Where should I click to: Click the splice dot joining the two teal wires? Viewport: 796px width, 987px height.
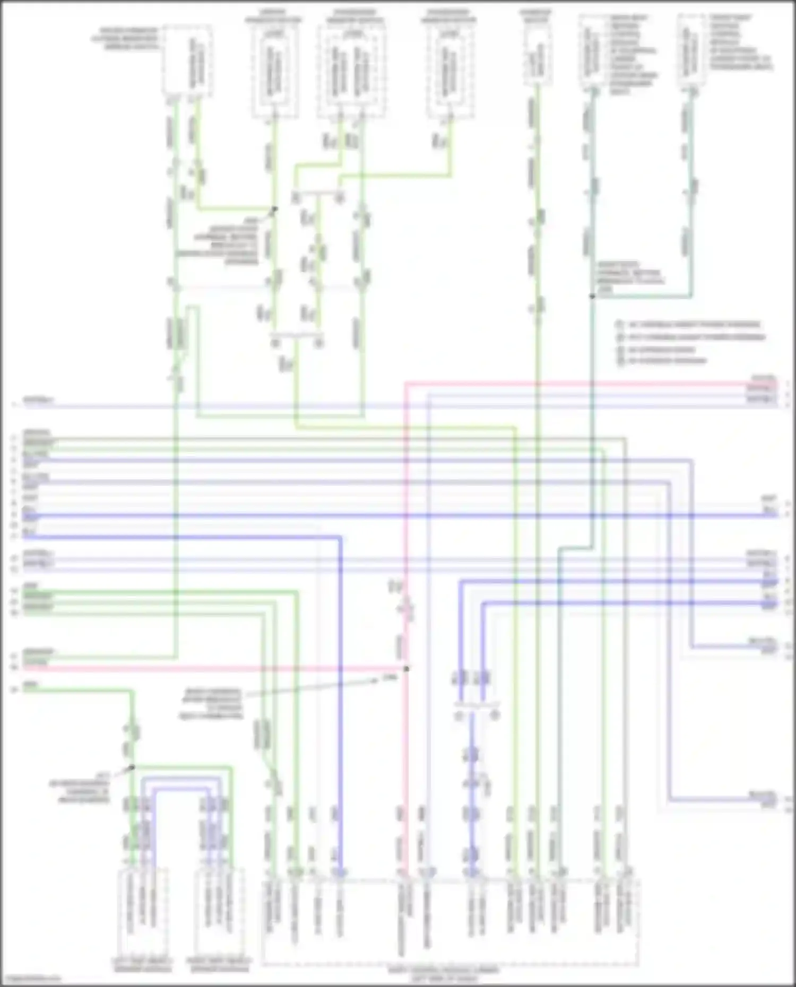coord(592,296)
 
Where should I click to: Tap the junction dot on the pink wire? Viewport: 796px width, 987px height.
coord(406,669)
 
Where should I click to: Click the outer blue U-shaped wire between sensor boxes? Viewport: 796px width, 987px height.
coord(180,779)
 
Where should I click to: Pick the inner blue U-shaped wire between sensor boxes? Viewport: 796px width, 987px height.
coord(180,789)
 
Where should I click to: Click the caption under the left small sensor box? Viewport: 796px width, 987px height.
coord(142,965)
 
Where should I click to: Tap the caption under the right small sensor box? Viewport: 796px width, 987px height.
coord(219,965)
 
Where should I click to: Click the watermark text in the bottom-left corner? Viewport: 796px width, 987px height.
coord(31,979)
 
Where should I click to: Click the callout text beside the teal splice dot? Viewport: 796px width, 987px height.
coord(629,276)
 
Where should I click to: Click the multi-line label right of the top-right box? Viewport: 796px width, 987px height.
coord(740,42)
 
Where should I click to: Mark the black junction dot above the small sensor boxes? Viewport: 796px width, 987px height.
coord(133,767)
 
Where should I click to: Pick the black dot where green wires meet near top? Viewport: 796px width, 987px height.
coord(274,209)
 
